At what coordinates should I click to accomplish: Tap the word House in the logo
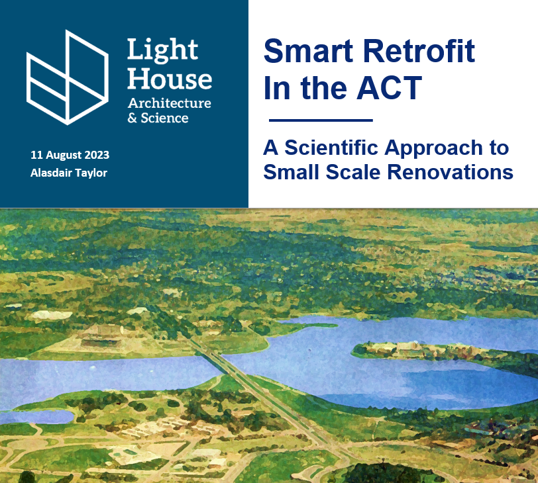[169, 79]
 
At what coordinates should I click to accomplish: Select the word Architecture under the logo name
[169, 103]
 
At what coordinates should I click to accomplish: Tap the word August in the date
[63, 155]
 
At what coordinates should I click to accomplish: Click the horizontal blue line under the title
[321, 120]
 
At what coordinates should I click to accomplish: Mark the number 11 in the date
[36, 155]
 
